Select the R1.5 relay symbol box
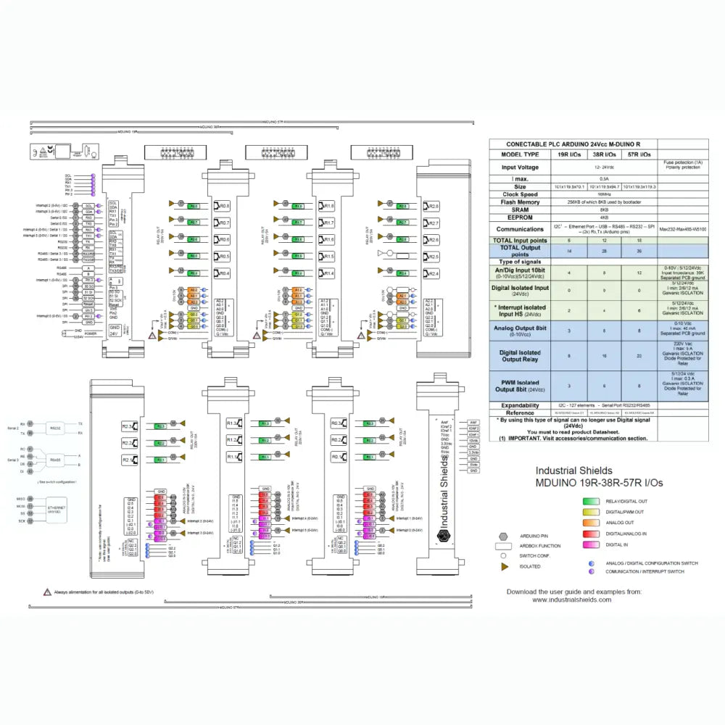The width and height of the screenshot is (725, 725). (x=326, y=257)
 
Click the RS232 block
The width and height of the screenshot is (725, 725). (x=56, y=428)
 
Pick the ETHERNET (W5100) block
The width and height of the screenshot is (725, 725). (x=56, y=510)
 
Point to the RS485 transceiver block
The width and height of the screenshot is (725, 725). (x=56, y=460)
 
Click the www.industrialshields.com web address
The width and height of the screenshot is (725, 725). (x=574, y=600)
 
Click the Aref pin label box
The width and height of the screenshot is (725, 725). (x=473, y=422)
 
